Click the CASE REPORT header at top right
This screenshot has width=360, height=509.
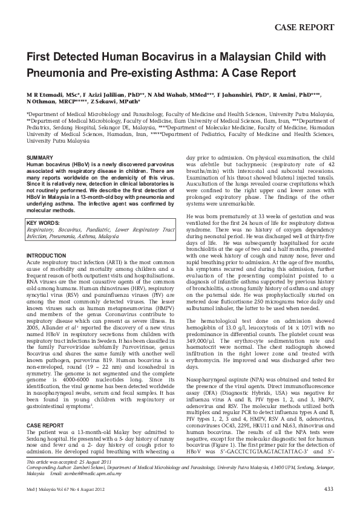[x=304, y=27]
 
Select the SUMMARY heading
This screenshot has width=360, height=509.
[x=39, y=158]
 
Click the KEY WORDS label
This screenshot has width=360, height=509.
[x=44, y=223]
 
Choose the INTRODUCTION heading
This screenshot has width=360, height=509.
[x=47, y=256]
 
